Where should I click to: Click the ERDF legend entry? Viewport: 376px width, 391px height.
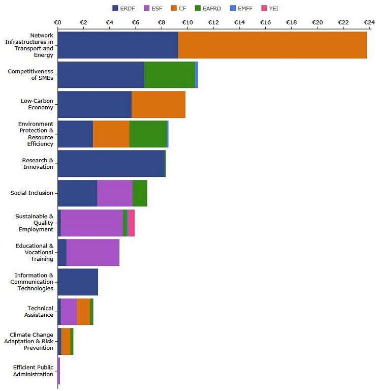[123, 9]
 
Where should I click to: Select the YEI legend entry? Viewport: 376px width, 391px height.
[270, 9]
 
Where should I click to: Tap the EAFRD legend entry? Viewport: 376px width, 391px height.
[208, 9]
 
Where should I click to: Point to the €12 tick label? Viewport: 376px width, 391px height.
[213, 22]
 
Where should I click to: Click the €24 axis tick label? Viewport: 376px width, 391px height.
[369, 22]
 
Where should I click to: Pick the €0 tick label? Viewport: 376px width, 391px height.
[57, 22]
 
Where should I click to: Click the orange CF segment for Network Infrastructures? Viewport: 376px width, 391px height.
[272, 45]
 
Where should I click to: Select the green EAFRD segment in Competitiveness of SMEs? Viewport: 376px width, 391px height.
[169, 75]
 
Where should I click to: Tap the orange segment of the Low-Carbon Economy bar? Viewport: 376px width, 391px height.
[159, 104]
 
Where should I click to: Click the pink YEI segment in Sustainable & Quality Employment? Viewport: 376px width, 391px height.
[131, 223]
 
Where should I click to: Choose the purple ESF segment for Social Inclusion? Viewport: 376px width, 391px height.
[115, 193]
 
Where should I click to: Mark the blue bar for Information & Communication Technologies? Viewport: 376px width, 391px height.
[78, 282]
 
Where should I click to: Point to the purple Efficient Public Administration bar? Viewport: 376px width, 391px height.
[59, 371]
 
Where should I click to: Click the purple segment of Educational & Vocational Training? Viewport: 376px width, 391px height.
[92, 252]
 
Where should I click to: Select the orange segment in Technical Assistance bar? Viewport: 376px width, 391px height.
[83, 312]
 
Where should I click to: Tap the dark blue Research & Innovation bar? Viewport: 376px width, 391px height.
[111, 164]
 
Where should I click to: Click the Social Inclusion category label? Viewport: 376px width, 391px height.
[32, 193]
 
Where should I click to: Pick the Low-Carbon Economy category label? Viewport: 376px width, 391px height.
[37, 104]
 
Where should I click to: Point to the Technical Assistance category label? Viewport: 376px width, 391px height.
[39, 312]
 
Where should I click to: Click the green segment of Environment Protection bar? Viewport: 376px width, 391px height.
[148, 134]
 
